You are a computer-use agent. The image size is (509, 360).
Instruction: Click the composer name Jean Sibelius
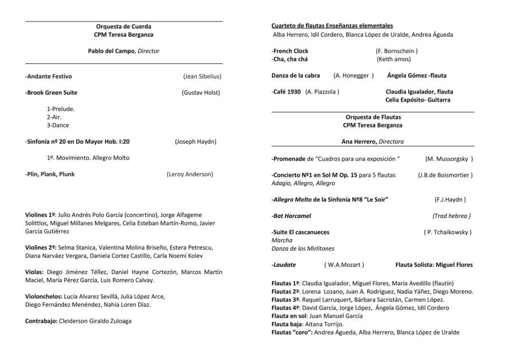click(202, 76)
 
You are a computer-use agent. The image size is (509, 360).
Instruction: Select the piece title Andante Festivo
click(49, 76)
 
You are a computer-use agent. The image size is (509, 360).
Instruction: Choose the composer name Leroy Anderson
click(189, 174)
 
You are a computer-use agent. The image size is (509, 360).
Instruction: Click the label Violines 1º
click(40, 215)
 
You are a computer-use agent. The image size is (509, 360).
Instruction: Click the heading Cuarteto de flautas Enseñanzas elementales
click(332, 26)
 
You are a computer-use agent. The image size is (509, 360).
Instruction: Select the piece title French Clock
click(291, 51)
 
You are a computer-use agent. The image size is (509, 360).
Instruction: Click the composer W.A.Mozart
click(344, 265)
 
